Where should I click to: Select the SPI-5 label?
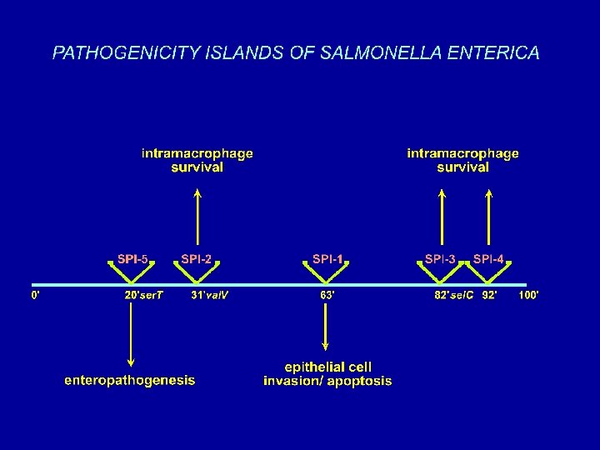(133, 259)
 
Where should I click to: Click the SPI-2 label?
(197, 259)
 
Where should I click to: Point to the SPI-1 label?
(327, 259)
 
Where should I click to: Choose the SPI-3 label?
(440, 259)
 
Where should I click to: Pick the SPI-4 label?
(488, 259)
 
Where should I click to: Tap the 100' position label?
(528, 295)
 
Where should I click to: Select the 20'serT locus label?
(144, 295)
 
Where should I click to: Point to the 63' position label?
(327, 295)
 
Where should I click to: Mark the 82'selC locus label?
(453, 295)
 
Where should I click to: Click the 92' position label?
(489, 295)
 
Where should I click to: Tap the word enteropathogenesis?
(130, 380)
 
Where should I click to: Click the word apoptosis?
(358, 382)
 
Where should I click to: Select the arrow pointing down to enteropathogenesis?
(131, 333)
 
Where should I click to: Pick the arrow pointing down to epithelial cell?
(327, 329)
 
